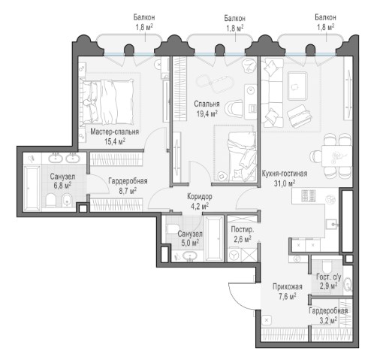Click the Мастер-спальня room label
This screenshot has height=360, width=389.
[x=114, y=132]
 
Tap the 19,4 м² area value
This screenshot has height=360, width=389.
[x=207, y=114]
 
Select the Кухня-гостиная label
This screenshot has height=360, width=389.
[x=285, y=174]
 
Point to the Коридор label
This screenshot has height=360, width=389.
[x=200, y=196]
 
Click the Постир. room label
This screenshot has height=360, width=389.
[x=243, y=229]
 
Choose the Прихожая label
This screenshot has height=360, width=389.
[x=288, y=286]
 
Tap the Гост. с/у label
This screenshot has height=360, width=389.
[x=329, y=277]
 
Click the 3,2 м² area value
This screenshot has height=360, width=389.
[x=328, y=320]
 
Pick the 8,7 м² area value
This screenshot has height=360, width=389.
[x=128, y=191]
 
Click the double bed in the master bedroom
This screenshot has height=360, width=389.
[x=107, y=101]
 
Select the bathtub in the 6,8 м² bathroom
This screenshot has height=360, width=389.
[x=32, y=187]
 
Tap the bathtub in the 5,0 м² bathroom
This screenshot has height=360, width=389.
[x=214, y=238]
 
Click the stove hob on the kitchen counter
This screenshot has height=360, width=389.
[x=309, y=196]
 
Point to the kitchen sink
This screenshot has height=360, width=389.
[x=333, y=224]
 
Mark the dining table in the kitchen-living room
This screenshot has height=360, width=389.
[x=336, y=156]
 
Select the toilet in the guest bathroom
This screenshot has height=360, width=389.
[x=327, y=266]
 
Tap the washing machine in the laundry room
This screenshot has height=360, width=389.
[x=235, y=256]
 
